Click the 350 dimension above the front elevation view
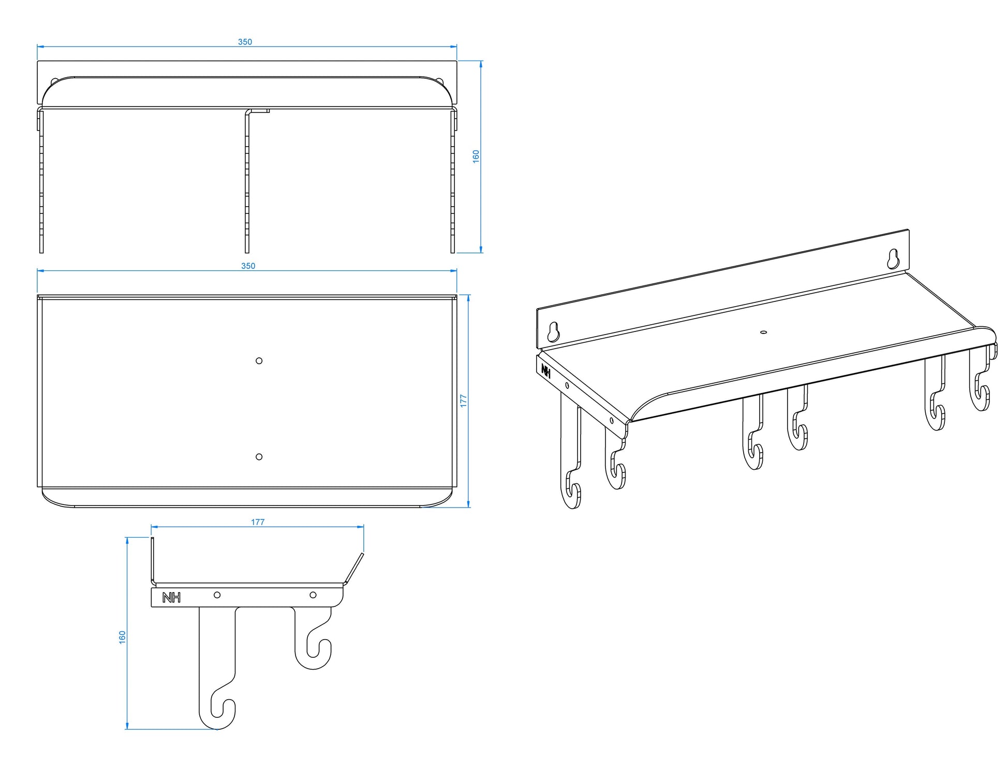245,42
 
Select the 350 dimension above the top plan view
248,266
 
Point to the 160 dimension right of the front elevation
476,156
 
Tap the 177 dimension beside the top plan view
464,400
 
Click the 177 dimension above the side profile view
258,522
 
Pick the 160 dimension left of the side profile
123,637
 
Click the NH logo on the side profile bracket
171,598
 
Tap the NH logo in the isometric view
545,370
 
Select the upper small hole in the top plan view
259,360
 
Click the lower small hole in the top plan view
259,456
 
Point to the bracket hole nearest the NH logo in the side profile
217,595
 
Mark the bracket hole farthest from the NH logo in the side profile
313,595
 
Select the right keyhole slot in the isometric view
893,258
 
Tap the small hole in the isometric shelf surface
763,331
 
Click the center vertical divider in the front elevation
247,181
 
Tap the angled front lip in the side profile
354,568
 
